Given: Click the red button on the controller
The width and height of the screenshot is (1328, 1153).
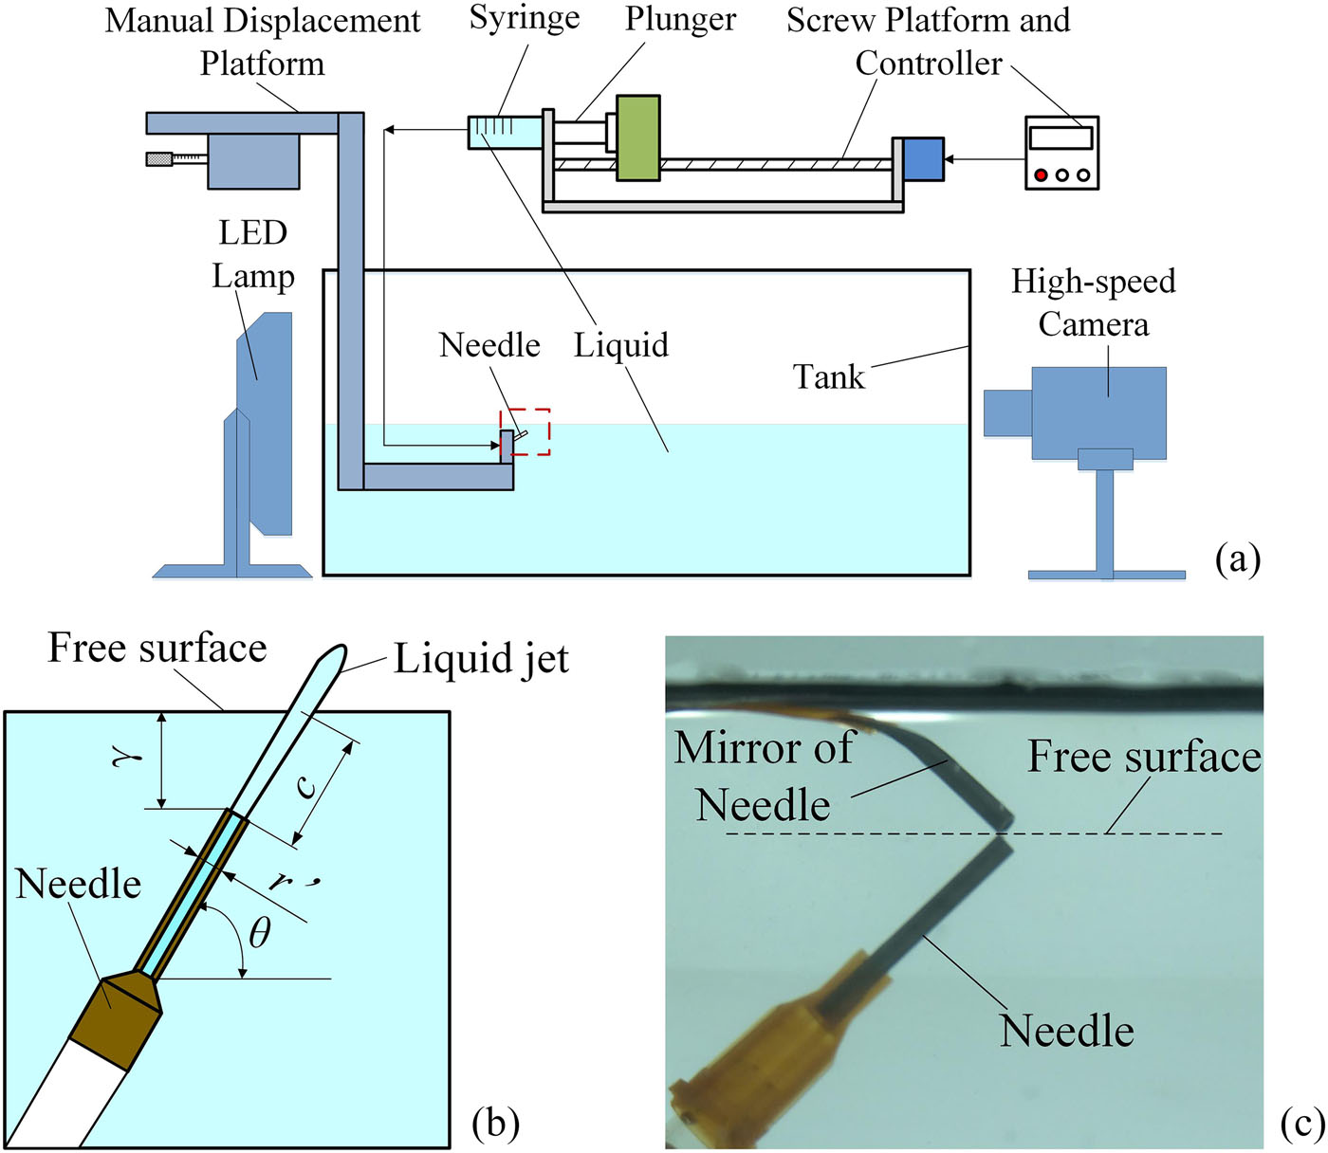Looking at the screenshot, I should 1041,175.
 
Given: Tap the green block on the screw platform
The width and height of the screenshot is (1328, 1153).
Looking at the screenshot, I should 637,137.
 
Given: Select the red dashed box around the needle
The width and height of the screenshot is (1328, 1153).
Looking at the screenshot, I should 526,431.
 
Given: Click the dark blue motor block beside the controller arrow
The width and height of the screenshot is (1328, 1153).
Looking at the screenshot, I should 923,158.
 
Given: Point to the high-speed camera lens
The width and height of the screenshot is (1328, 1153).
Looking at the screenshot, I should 1006,412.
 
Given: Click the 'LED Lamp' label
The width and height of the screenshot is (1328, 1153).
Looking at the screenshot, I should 252,254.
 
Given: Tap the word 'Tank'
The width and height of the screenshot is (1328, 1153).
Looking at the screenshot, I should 828,376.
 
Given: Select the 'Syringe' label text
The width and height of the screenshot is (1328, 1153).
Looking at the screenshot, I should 524,19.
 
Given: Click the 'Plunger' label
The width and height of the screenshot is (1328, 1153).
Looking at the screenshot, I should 679,19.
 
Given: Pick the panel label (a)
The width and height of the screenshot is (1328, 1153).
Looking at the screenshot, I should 1237,558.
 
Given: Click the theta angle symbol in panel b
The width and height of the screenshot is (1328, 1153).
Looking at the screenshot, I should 259,933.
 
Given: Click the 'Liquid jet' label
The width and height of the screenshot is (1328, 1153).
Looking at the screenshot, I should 481,658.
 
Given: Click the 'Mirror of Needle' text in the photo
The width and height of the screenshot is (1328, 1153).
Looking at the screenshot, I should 765,776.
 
